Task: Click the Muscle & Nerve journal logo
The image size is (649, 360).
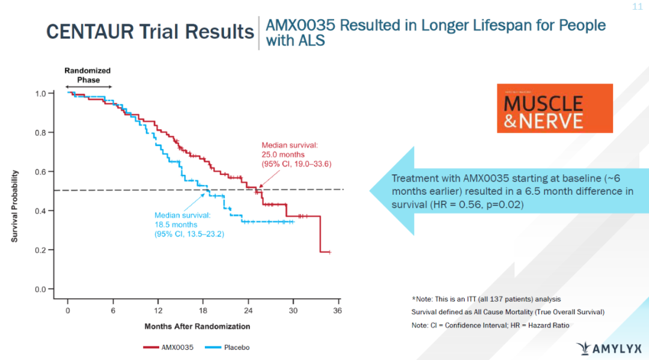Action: pyautogui.click(x=554, y=108)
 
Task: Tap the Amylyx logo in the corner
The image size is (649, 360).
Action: pyautogui.click(x=608, y=348)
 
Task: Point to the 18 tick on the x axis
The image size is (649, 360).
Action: pyautogui.click(x=203, y=311)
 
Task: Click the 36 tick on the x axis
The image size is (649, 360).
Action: pyautogui.click(x=338, y=311)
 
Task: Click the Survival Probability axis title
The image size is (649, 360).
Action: pyautogui.click(x=14, y=206)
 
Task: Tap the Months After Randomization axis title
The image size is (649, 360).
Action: pyautogui.click(x=197, y=326)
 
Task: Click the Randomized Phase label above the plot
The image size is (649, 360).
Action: pyautogui.click(x=88, y=75)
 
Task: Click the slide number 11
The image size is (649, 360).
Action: pyautogui.click(x=637, y=7)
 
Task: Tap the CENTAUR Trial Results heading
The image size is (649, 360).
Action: pyautogui.click(x=150, y=31)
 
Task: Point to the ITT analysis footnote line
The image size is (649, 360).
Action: pyautogui.click(x=486, y=299)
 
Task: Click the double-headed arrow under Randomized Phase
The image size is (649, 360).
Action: pyautogui.click(x=89, y=88)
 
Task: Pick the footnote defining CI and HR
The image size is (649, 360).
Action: pyautogui.click(x=490, y=325)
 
